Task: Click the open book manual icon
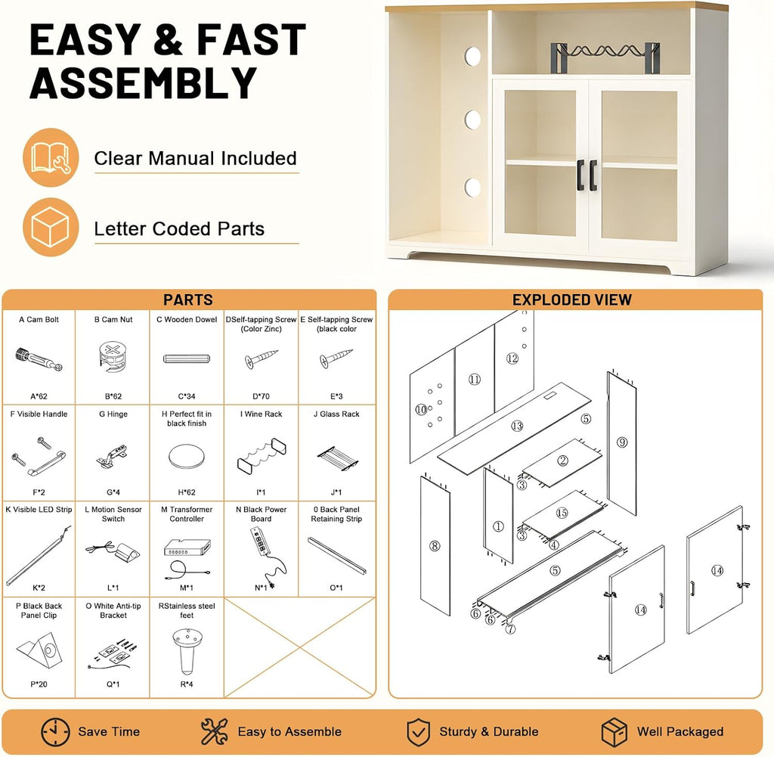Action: click(x=51, y=157)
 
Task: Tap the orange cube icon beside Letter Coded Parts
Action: click(x=51, y=227)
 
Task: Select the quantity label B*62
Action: click(x=113, y=396)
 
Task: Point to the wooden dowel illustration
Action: click(x=187, y=358)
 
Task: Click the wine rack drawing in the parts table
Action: click(x=262, y=455)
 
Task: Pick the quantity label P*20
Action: click(x=39, y=684)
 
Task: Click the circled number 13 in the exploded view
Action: click(x=517, y=426)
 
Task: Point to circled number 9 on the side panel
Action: click(x=622, y=442)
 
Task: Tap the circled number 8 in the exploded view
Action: click(x=435, y=546)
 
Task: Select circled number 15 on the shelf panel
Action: click(x=562, y=513)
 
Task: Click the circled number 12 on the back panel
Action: click(x=512, y=358)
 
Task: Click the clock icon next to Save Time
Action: click(x=55, y=732)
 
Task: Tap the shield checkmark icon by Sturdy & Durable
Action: click(x=418, y=732)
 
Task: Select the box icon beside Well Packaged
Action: click(x=614, y=732)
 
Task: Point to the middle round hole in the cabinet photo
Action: click(x=472, y=119)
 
